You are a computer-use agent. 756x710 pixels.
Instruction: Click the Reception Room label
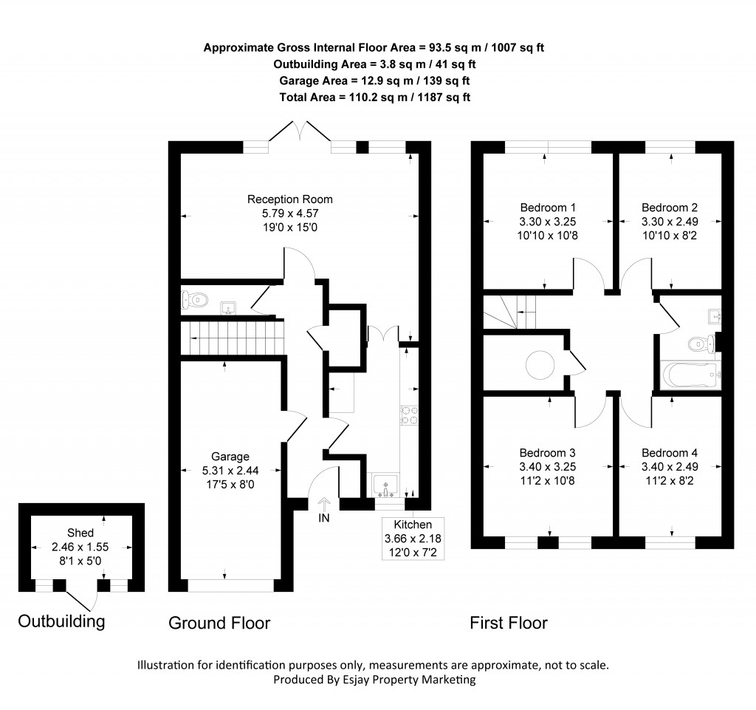[289, 199]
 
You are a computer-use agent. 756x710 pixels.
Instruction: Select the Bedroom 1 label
[548, 208]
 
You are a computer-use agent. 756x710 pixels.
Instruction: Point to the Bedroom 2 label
[670, 208]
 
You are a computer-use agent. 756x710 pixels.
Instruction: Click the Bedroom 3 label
[547, 453]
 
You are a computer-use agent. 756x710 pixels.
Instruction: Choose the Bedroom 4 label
[670, 453]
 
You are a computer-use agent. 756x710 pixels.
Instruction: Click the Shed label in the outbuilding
[80, 533]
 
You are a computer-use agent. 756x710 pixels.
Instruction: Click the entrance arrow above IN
[323, 504]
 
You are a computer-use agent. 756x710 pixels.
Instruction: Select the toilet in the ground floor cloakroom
[195, 300]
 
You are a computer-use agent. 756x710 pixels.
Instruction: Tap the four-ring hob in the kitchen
[410, 416]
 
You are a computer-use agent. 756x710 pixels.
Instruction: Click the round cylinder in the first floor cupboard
[540, 364]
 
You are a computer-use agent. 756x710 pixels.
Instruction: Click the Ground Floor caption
[219, 624]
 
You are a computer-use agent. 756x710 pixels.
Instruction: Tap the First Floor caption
[509, 624]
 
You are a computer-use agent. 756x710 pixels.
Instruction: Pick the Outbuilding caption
[61, 621]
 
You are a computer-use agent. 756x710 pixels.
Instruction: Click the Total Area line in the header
[375, 97]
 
